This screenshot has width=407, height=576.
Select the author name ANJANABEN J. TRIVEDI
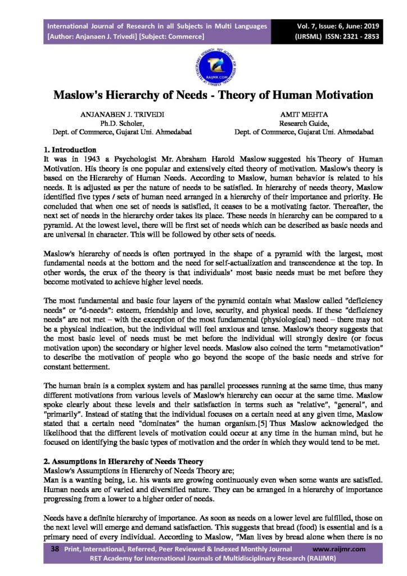coord(123,114)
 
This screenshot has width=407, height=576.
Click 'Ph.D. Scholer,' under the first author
coord(123,123)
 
